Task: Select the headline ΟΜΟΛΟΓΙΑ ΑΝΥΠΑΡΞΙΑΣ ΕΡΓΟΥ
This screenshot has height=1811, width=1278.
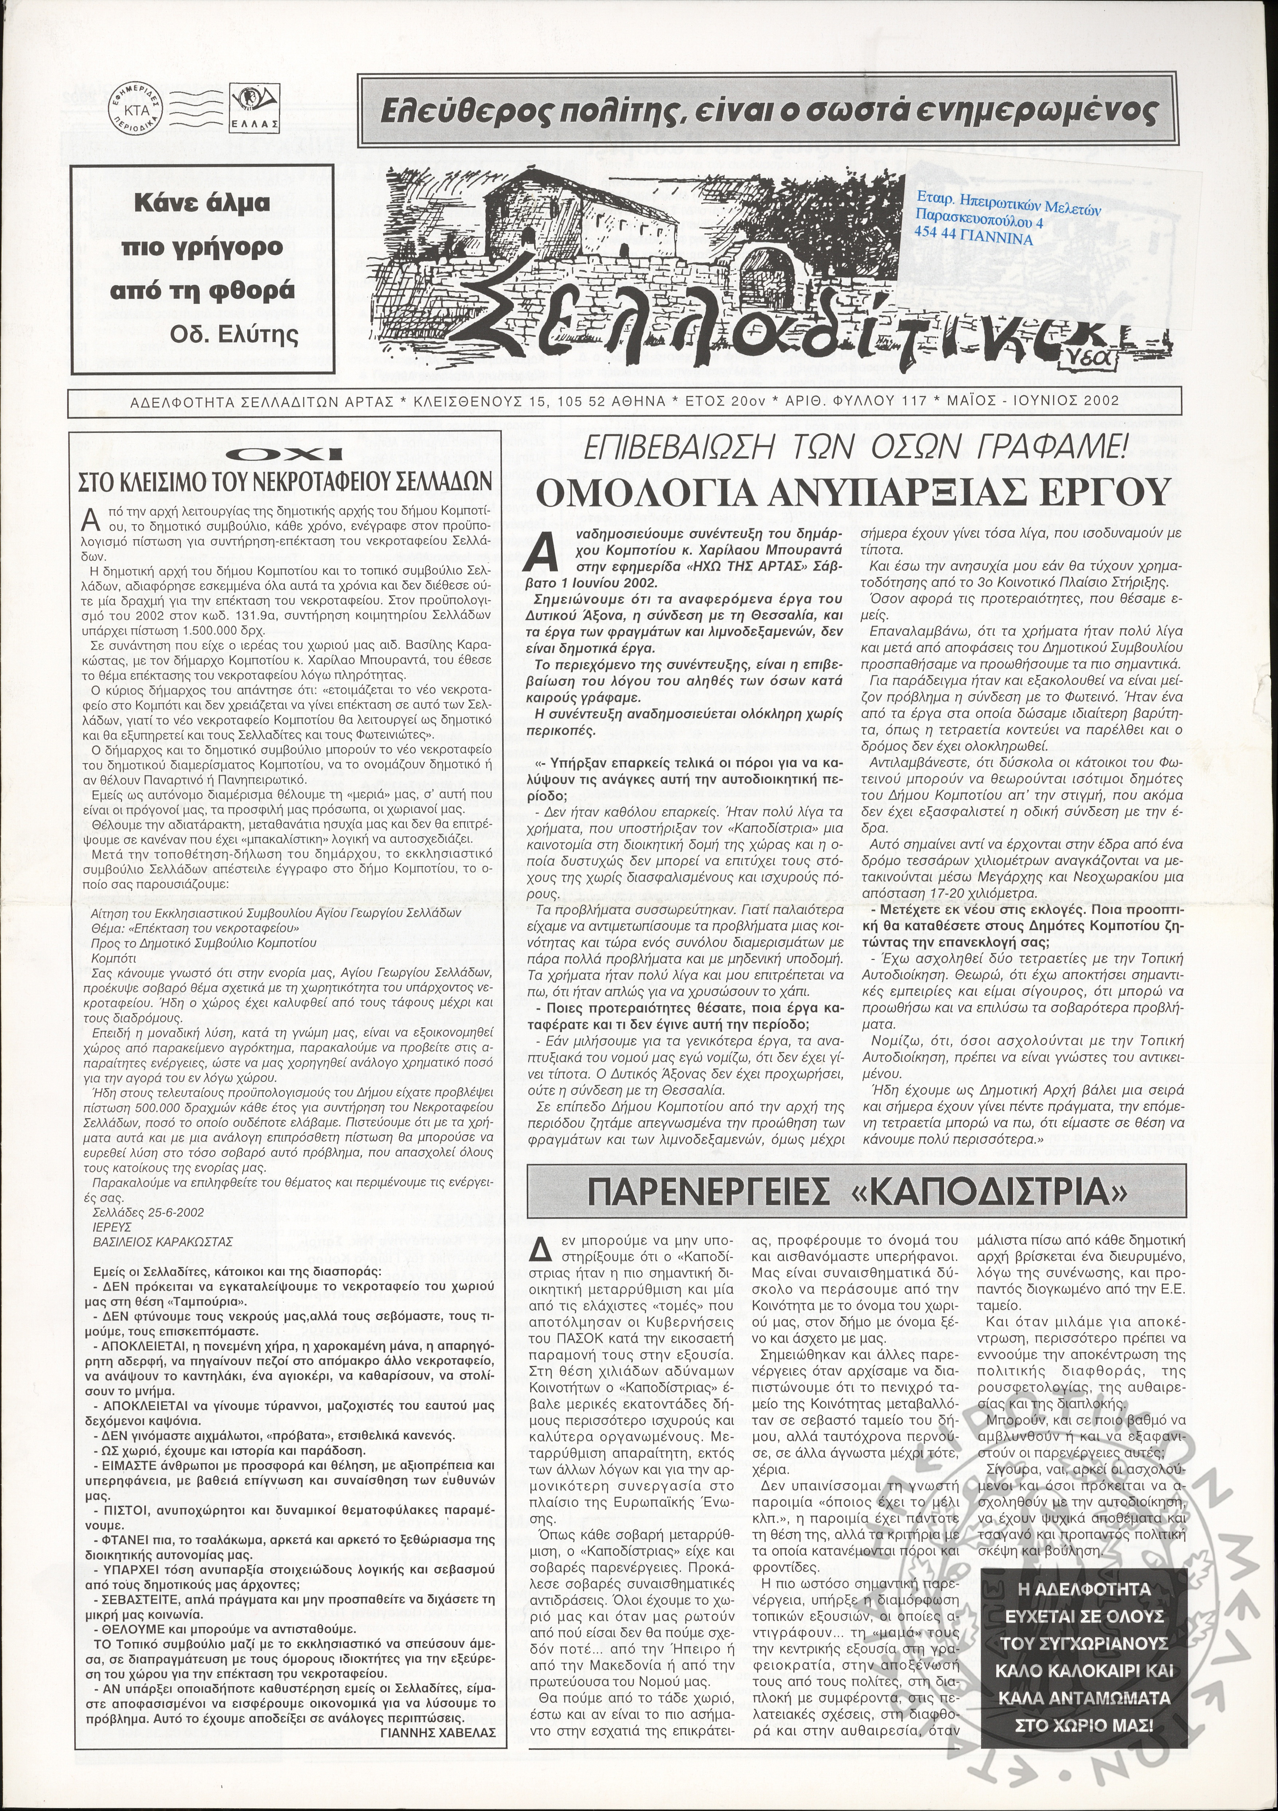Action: [850, 495]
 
